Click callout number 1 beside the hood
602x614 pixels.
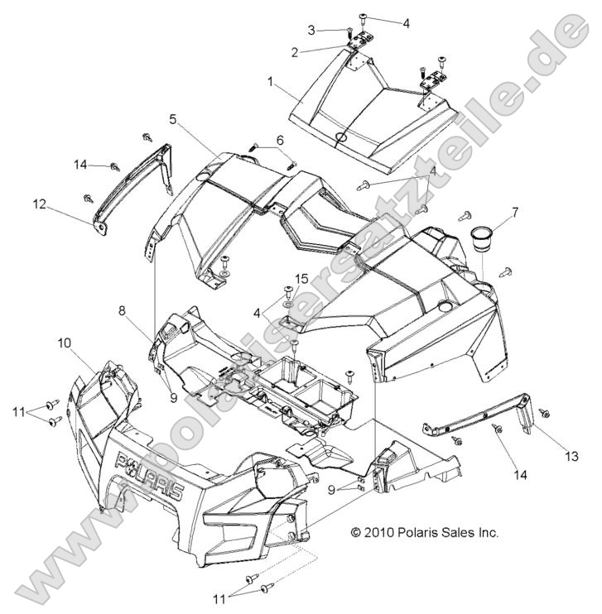click(x=270, y=82)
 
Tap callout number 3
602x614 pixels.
click(x=311, y=30)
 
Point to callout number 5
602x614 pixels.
click(x=172, y=119)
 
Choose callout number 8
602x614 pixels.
click(x=122, y=311)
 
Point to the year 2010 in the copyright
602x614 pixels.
click(x=380, y=533)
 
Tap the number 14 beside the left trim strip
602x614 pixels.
click(x=79, y=165)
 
